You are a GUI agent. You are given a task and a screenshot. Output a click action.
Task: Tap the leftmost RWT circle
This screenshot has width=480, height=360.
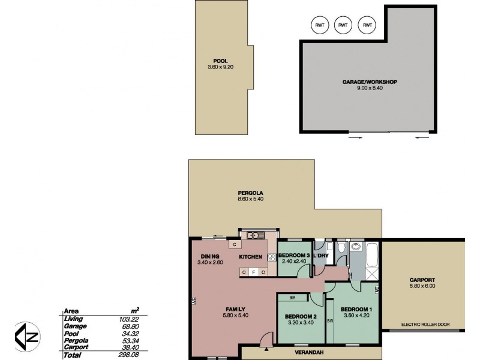point(319,25)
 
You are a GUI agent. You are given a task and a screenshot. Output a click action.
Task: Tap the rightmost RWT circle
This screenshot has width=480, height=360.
point(366,25)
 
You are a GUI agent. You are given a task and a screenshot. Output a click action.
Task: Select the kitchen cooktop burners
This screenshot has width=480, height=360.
point(271,257)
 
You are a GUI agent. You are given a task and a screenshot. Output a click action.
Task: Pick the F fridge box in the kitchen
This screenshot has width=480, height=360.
point(253,272)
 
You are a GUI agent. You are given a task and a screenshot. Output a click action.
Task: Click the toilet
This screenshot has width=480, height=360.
point(340,248)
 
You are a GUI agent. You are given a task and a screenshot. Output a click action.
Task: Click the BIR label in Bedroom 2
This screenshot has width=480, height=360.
point(292,298)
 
